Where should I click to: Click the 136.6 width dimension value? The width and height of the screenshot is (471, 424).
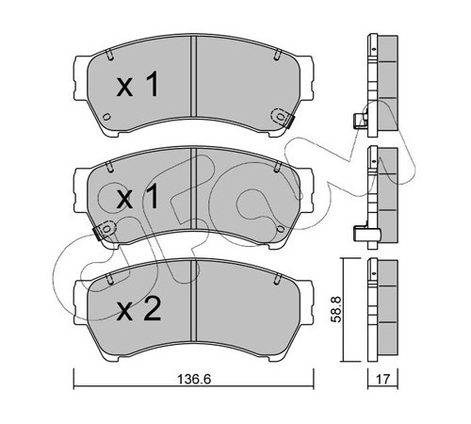pyautogui.click(x=194, y=379)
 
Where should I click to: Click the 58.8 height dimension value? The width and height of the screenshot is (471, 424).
pyautogui.click(x=336, y=309)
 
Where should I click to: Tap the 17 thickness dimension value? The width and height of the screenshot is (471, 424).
pyautogui.click(x=382, y=379)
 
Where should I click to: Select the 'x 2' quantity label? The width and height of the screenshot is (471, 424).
pyautogui.click(x=138, y=308)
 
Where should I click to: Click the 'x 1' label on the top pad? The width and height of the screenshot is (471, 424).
pyautogui.click(x=138, y=84)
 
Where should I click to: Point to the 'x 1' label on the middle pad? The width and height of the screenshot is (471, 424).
pyautogui.click(x=138, y=197)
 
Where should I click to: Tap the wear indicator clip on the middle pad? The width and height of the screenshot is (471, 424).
pyautogui.click(x=105, y=229)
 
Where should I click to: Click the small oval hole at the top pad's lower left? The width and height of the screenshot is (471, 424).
pyautogui.click(x=106, y=117)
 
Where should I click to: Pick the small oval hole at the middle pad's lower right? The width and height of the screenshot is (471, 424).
pyautogui.click(x=281, y=229)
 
